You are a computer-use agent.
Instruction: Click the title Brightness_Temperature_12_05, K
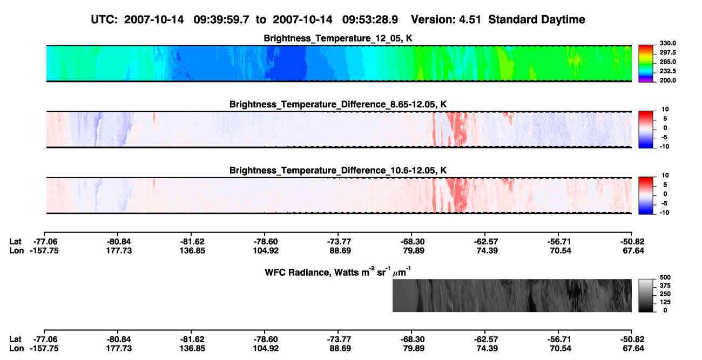point(338,38)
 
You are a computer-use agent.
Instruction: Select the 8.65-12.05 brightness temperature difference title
point(338,104)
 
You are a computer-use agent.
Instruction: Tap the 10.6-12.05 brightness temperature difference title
point(338,171)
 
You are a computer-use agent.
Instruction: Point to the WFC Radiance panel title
point(338,272)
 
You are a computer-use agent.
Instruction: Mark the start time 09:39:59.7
point(221,19)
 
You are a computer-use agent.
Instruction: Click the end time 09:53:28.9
point(370,19)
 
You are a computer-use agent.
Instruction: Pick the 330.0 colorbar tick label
point(668,43)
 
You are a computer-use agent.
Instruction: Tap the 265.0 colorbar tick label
point(668,62)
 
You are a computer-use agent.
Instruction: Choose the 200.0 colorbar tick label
point(668,80)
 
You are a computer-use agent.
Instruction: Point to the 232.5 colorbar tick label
point(668,71)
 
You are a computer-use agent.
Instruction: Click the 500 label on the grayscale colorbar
point(665,277)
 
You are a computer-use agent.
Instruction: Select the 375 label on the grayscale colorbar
point(665,286)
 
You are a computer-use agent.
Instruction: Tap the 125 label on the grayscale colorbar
point(665,302)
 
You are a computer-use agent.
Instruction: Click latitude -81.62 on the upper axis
point(192,242)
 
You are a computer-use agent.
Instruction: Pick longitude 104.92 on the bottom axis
point(266,348)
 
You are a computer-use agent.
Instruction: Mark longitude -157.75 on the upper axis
point(44,250)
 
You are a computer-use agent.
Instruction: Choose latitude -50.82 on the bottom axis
point(632,339)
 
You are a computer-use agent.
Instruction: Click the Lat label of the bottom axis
point(15,339)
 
